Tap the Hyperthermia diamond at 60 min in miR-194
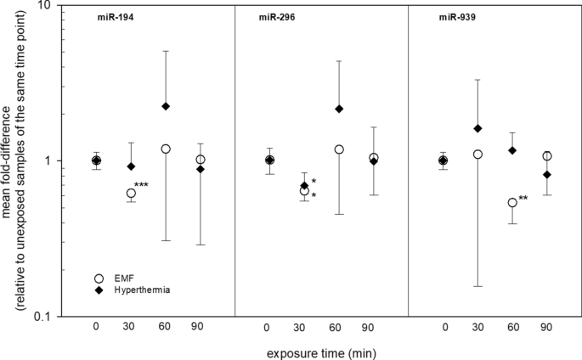coord(166,106)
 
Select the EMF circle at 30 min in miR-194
coord(131,193)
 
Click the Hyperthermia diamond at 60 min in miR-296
coord(339,109)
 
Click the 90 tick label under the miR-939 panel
coord(547,328)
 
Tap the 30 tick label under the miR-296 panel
coord(304,328)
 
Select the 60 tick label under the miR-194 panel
coord(166,328)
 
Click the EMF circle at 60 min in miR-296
coord(339,149)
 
